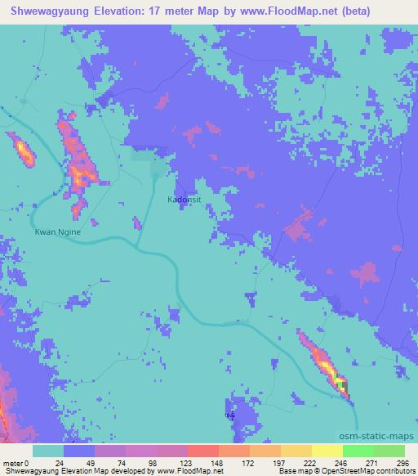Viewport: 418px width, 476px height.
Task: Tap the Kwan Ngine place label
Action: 58,231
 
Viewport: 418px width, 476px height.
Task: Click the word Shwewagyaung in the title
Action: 48,11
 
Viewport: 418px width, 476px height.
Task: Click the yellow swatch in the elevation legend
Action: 327,451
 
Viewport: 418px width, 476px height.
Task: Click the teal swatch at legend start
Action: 48,451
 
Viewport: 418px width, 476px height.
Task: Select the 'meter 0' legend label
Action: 16,462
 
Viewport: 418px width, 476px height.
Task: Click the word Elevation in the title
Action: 124,11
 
